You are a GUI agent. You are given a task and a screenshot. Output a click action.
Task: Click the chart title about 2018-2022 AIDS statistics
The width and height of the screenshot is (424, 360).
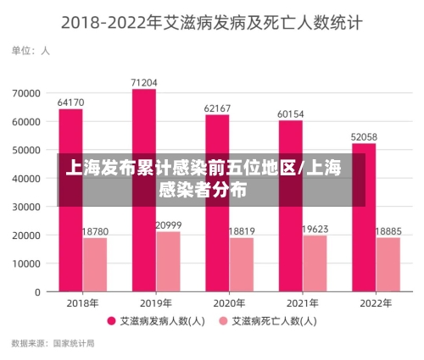pos(211,22)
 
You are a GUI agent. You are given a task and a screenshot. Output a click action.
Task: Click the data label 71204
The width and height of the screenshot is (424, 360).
pos(144,82)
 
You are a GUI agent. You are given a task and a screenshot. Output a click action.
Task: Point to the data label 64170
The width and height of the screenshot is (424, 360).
pos(70,102)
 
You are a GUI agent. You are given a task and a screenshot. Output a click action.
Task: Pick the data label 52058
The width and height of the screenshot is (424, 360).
pos(364,136)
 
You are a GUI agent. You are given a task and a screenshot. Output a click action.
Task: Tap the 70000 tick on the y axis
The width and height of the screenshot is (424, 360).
pos(26,92)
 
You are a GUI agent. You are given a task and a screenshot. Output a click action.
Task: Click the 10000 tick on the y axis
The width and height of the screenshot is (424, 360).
pos(26,263)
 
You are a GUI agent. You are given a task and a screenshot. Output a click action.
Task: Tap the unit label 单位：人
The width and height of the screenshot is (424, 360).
pos(31,51)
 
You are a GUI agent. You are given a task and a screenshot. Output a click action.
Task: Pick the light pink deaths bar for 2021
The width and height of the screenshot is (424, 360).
pos(315,263)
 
